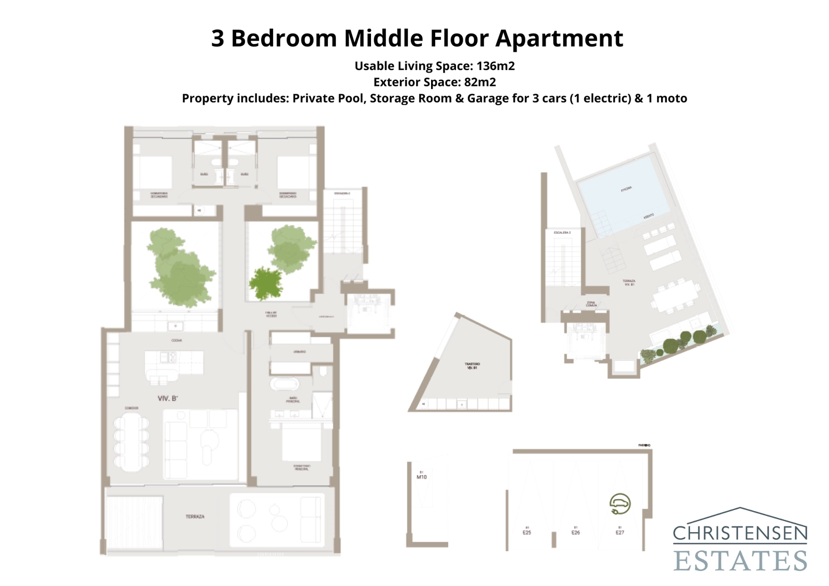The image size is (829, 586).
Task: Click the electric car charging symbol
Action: (x=620, y=504)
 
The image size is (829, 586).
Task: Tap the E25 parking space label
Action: (x=526, y=532)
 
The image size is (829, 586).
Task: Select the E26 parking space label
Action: (x=575, y=532)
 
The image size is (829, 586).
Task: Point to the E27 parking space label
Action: (x=620, y=532)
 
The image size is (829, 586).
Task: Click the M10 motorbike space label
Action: (x=422, y=477)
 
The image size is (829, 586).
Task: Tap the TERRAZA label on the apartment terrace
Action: (x=195, y=517)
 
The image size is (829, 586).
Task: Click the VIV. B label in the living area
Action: (x=168, y=398)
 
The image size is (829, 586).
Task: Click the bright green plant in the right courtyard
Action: (x=265, y=283)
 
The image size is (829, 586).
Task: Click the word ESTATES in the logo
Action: (x=740, y=560)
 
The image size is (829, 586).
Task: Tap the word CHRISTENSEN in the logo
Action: (x=740, y=533)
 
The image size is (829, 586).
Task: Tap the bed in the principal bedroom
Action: (x=301, y=443)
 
